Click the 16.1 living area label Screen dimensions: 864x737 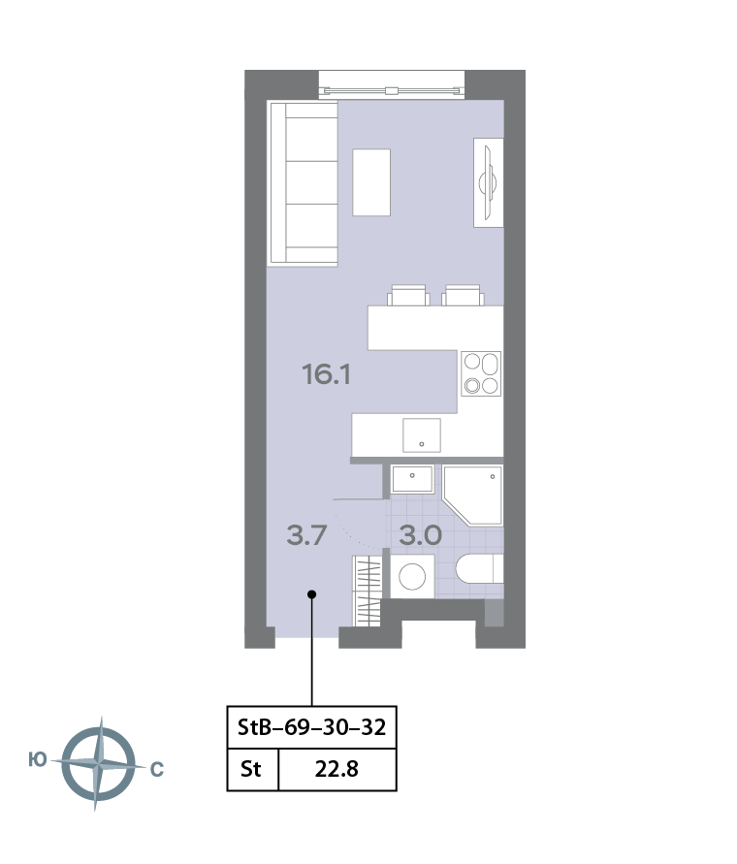[x=326, y=373]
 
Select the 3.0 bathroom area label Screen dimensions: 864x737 [x=420, y=534]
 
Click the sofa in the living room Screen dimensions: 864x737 [x=304, y=183]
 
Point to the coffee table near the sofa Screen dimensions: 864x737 [x=371, y=182]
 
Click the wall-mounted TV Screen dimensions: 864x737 [x=489, y=182]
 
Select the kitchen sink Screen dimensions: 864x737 [x=421, y=434]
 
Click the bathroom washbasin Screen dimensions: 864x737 [x=412, y=480]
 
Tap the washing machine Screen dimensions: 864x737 [x=413, y=576]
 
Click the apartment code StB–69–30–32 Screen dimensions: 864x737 [x=311, y=727]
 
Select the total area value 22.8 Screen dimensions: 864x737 [x=337, y=771]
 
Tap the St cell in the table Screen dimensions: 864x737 [x=251, y=771]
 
